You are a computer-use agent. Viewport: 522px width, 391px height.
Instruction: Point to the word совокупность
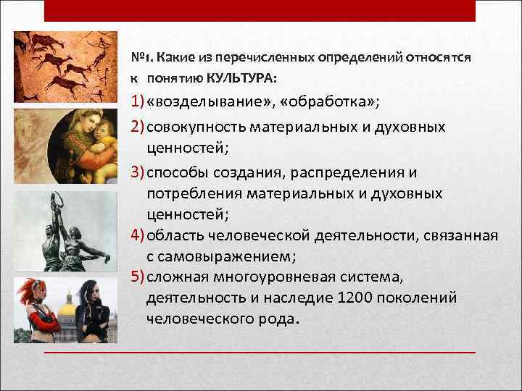[195, 127]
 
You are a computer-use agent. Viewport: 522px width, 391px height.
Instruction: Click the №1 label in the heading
[139, 58]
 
